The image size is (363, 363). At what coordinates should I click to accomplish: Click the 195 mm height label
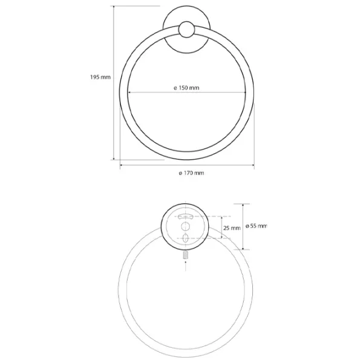[x=100, y=77]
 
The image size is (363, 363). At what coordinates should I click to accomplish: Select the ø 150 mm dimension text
[x=186, y=88]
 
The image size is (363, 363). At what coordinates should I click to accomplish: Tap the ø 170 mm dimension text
[x=191, y=173]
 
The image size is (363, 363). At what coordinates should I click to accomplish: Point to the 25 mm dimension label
[x=232, y=228]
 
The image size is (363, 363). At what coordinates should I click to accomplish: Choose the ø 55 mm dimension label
[x=257, y=226]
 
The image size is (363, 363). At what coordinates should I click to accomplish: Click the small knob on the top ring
[x=186, y=30]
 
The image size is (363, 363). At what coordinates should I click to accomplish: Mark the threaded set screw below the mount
[x=186, y=255]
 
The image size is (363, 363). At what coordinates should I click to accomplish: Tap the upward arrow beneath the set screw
[x=186, y=266]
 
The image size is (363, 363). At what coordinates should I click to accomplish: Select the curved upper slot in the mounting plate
[x=186, y=216]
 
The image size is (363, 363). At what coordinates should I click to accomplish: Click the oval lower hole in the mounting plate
[x=186, y=238]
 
